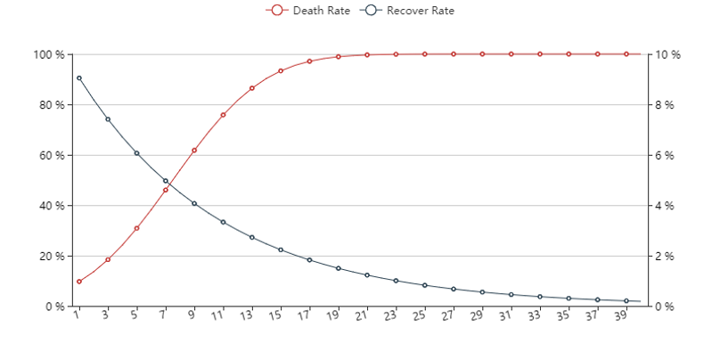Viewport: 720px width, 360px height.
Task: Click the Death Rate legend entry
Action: (307, 11)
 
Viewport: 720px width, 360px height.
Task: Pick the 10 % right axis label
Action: (668, 54)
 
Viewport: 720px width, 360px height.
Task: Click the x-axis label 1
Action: (78, 315)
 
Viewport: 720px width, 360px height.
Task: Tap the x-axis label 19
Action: (335, 315)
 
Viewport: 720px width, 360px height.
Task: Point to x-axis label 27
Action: (451, 315)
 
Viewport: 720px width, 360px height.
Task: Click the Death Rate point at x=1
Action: (79, 282)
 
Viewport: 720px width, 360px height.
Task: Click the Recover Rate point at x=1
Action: (79, 78)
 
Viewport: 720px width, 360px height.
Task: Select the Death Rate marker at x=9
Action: (194, 151)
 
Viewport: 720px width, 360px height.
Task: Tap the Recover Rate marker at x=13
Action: (252, 237)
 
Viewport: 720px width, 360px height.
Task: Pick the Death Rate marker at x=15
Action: (281, 70)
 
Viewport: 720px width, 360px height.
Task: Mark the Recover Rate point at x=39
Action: (626, 301)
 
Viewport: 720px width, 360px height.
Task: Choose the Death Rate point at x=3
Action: (108, 259)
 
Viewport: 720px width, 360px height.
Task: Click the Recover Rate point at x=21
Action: (367, 274)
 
